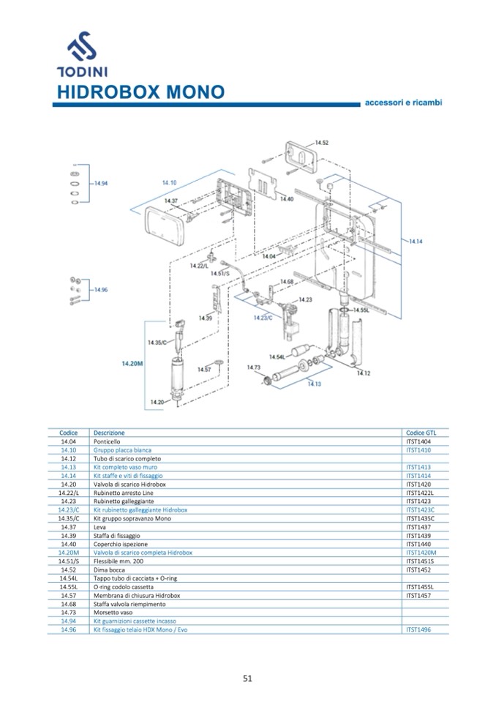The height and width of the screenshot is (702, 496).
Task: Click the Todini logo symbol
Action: tap(82, 47)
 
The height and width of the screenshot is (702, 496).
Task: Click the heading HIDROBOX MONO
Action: tap(140, 92)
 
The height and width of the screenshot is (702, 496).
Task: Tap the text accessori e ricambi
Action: tap(403, 102)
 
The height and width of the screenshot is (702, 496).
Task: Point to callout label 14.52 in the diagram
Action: tap(321, 143)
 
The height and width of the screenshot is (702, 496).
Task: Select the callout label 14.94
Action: tap(100, 183)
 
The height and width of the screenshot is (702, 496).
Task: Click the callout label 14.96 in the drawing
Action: tap(100, 290)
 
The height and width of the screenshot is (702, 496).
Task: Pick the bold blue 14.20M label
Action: tap(132, 363)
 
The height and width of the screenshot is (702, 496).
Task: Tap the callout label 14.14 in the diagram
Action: tap(416, 241)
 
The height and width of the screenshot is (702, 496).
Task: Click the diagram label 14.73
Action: tap(254, 367)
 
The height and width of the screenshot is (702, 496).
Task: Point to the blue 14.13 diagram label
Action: tap(314, 383)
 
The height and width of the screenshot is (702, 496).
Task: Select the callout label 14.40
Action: tap(286, 199)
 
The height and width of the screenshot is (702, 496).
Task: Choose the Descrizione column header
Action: tap(109, 433)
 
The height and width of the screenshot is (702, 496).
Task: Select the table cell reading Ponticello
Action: tap(107, 441)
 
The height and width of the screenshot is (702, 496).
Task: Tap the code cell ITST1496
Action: tap(419, 630)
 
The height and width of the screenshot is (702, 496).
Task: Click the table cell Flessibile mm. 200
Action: tap(118, 561)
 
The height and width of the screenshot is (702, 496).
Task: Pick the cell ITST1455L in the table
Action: tap(421, 587)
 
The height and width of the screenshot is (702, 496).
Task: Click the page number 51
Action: tap(247, 678)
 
